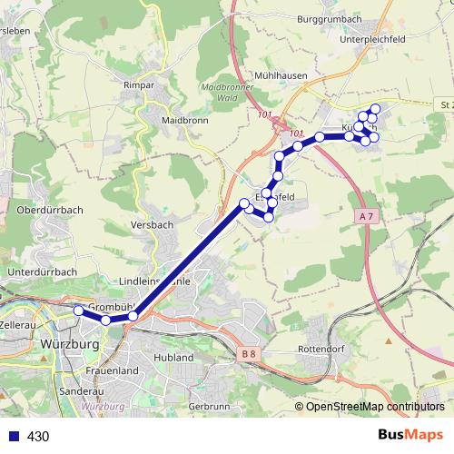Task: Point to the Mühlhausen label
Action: pyautogui.click(x=281, y=76)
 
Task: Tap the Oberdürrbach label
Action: pyautogui.click(x=50, y=210)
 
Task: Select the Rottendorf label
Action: pyautogui.click(x=323, y=349)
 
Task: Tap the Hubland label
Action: pyautogui.click(x=174, y=358)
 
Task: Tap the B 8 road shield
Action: pyautogui.click(x=250, y=354)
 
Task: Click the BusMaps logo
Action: pyautogui.click(x=410, y=435)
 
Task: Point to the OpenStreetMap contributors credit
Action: pyautogui.click(x=373, y=407)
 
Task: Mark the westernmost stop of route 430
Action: pyautogui.click(x=78, y=311)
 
